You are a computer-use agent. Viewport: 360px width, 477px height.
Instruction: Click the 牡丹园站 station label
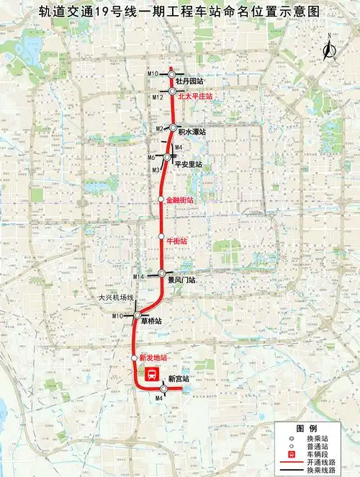[x=189, y=81]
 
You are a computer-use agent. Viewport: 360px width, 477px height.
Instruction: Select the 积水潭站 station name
[x=192, y=133]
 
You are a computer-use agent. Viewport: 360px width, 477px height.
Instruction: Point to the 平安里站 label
[x=188, y=164]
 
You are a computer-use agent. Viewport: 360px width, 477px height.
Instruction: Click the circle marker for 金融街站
[x=161, y=199]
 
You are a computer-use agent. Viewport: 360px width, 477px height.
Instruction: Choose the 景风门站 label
[x=182, y=279]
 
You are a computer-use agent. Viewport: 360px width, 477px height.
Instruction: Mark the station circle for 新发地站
[x=135, y=357]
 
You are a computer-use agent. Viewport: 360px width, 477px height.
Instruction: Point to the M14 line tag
[x=139, y=277]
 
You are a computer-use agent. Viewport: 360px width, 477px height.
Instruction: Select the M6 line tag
[x=152, y=157]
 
